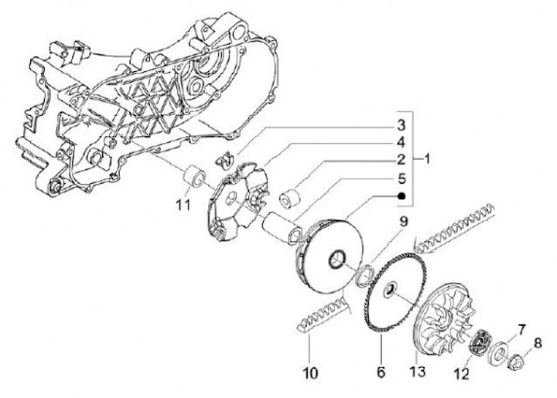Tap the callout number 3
[x=401, y=124]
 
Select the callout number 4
[x=401, y=142]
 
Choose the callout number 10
[x=310, y=373]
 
